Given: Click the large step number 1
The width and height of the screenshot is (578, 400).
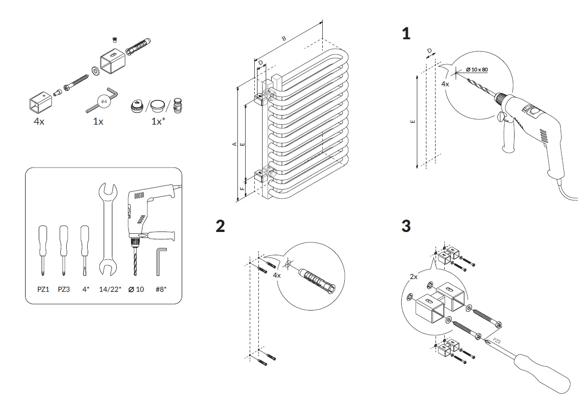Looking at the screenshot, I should point(406,34).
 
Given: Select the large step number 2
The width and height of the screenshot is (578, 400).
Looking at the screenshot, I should point(220,226).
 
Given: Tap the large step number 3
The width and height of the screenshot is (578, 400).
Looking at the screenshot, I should point(406,226).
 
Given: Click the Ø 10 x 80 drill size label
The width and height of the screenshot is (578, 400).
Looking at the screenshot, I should point(477,69).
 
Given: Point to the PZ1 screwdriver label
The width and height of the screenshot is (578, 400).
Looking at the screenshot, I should point(43,289).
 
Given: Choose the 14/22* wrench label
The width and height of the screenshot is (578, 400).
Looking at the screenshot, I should point(110,289).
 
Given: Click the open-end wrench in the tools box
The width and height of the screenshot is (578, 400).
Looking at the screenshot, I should point(108,228).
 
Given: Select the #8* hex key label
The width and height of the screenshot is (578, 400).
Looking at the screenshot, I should point(161,289).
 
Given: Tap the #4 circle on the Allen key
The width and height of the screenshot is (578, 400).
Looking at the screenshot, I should point(104,101).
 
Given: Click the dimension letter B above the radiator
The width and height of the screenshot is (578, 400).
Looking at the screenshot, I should point(284,38).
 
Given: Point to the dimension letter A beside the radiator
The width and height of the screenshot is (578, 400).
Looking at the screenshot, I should point(235,144).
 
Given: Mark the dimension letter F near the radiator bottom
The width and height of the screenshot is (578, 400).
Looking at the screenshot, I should point(242,188).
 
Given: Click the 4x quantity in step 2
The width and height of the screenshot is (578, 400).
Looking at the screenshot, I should point(277,275).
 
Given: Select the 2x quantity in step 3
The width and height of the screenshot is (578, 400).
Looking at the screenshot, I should point(414,277).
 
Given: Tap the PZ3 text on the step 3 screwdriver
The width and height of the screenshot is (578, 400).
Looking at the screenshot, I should point(497,341).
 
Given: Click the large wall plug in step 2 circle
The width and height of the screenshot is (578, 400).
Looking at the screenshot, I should point(317,278).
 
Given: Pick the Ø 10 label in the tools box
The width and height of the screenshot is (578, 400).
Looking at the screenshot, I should point(136,289).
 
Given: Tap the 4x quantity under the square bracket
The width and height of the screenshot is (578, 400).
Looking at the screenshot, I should point(39,122).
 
